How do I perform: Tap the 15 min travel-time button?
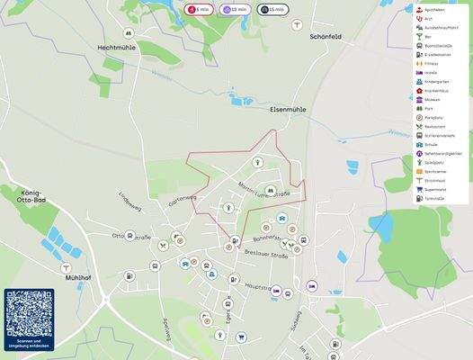point(271,9)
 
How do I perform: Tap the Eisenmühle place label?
point(288,109)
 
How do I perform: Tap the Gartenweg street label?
point(181,199)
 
